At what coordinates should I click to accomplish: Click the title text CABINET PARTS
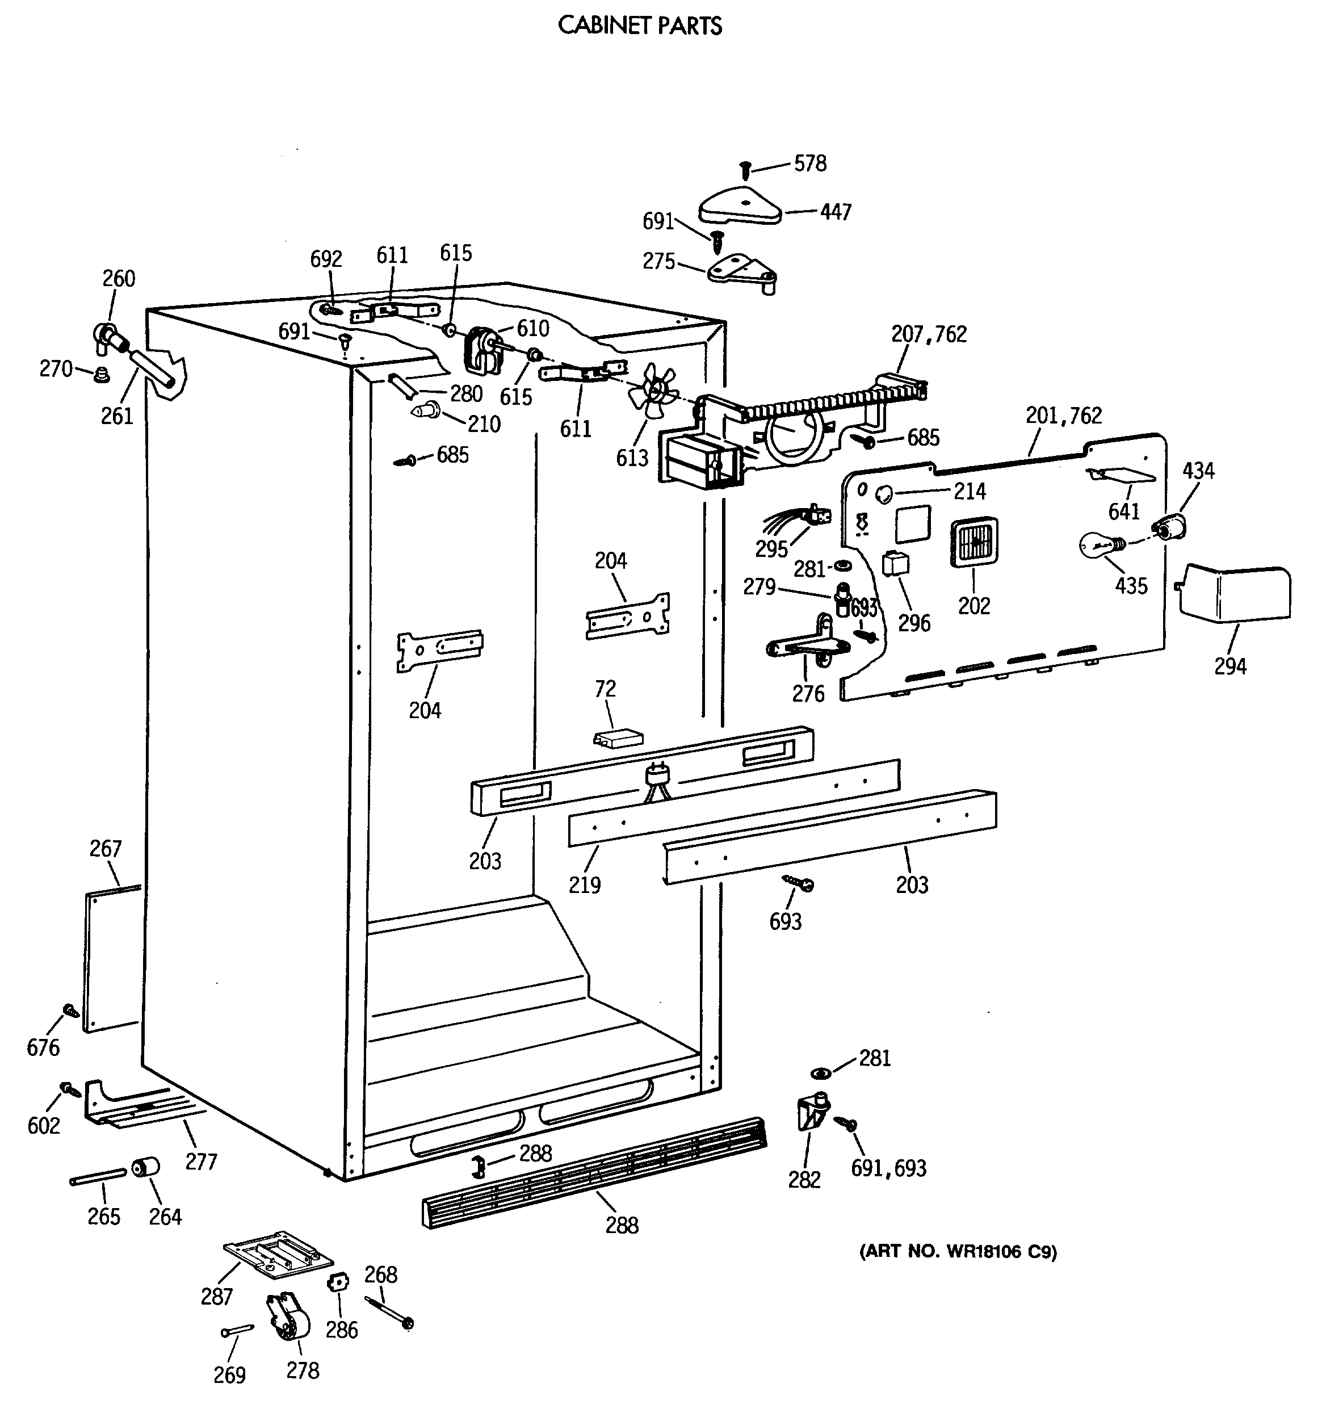coord(639,26)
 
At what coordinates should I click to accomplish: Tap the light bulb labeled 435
coord(1097,545)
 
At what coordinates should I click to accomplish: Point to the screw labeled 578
coord(746,170)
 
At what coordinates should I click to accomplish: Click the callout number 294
coord(1230,666)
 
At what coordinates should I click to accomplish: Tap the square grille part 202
coord(974,544)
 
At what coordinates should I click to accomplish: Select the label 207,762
coord(929,334)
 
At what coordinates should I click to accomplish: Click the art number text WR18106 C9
coord(958,1251)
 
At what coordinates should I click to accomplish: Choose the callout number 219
coord(584,884)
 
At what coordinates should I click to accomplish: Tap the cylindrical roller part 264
coord(146,1168)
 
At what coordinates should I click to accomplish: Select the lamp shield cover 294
coord(1234,591)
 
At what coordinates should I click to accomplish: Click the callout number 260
coord(118,278)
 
